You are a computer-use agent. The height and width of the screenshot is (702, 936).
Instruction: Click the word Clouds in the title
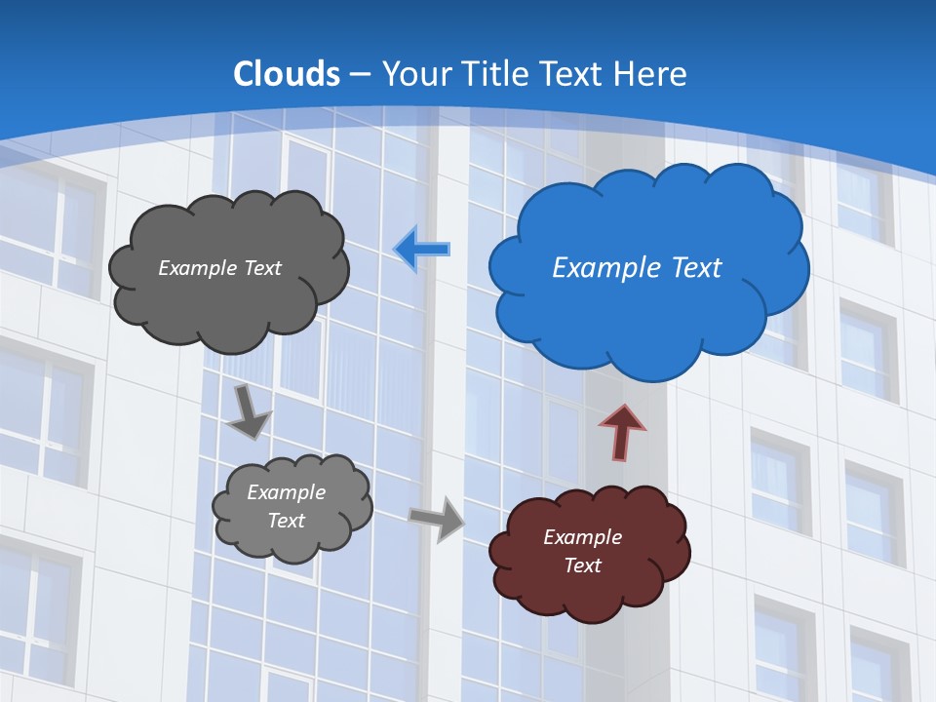click(287, 74)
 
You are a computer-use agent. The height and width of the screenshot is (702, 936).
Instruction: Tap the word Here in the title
click(652, 74)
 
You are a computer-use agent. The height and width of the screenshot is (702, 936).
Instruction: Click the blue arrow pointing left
click(421, 249)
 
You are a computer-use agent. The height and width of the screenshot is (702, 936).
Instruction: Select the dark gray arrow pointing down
click(249, 411)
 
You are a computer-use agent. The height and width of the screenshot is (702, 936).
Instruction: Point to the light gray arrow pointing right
click(437, 518)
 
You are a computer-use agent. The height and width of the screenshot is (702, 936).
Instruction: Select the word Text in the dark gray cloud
click(262, 268)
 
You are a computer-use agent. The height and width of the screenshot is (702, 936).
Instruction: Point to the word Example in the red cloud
click(582, 537)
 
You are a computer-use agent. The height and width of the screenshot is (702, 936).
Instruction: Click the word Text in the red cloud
click(582, 565)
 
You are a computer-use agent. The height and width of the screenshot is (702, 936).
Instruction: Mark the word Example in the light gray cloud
click(286, 492)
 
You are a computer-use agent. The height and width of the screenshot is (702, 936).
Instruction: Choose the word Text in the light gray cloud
click(286, 521)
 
